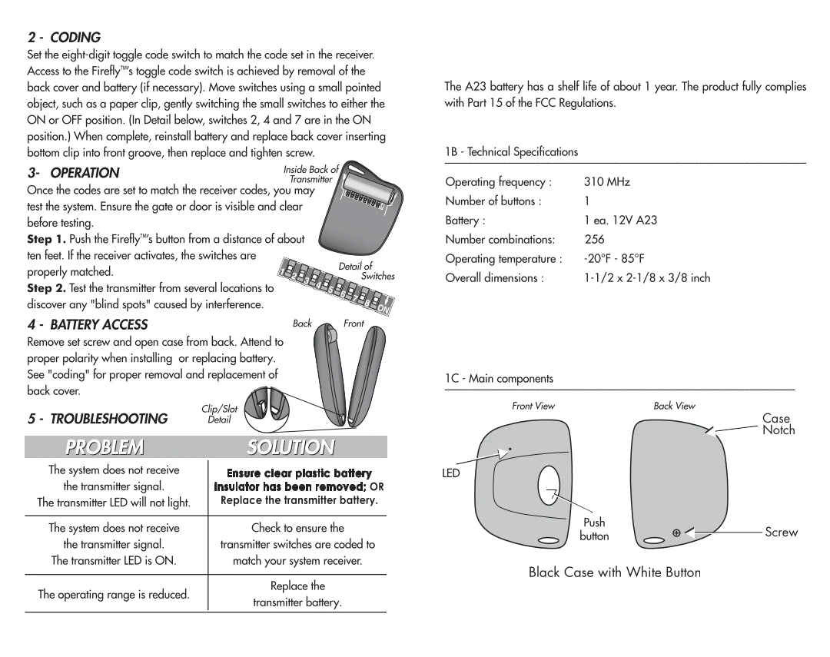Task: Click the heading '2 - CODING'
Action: click(x=64, y=38)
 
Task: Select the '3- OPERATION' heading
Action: click(x=73, y=173)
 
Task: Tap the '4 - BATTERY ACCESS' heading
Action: click(x=88, y=324)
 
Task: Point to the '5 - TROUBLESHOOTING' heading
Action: click(x=98, y=419)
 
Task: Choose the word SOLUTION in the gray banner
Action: click(x=290, y=446)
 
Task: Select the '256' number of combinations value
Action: click(x=594, y=240)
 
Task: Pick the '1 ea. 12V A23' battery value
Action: click(x=620, y=221)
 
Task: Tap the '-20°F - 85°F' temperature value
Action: click(x=613, y=259)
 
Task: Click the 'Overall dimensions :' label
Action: click(x=494, y=278)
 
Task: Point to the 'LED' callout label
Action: click(x=451, y=473)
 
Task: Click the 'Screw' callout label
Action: click(x=781, y=532)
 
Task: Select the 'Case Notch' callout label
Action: click(x=778, y=424)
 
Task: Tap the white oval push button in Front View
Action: click(x=550, y=489)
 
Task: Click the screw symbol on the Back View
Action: click(x=676, y=533)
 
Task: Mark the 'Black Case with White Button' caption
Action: click(x=614, y=572)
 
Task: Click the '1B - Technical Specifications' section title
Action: click(x=511, y=152)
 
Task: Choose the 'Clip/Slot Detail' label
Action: click(x=219, y=414)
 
